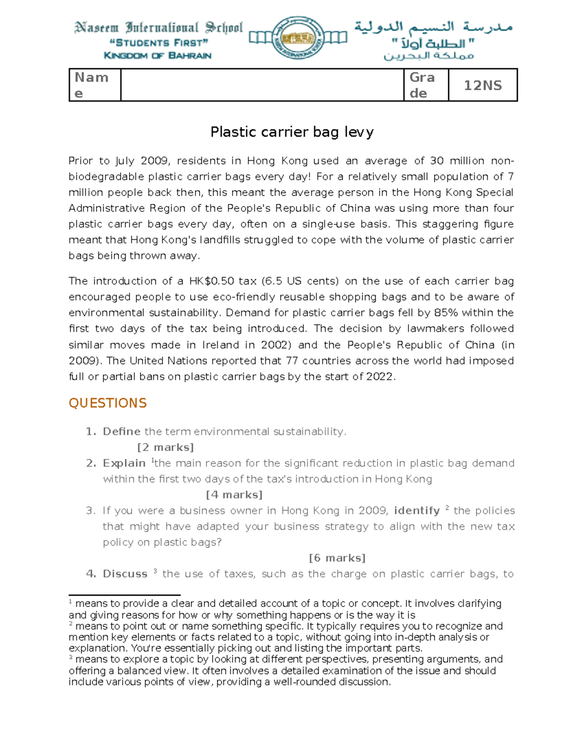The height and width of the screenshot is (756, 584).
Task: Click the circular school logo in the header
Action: [297, 37]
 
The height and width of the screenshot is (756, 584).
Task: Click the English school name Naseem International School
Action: [158, 27]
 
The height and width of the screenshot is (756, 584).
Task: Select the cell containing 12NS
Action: [482, 85]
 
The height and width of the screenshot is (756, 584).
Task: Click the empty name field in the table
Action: [262, 85]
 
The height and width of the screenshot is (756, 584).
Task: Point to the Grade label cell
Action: [425, 85]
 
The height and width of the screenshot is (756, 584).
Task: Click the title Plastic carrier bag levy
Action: [292, 132]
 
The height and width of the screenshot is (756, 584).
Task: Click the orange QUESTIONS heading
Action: [108, 403]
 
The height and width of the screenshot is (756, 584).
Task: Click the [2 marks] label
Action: [165, 447]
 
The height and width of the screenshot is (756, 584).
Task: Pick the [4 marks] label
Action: [234, 495]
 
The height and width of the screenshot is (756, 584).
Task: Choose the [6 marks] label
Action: [337, 558]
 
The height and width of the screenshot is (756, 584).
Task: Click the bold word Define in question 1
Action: [122, 432]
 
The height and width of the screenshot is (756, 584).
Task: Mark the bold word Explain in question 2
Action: [124, 463]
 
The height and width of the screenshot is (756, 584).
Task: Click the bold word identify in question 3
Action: [417, 511]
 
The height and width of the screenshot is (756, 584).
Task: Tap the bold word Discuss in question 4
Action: [125, 574]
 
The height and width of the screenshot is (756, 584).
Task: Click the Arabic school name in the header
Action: [433, 27]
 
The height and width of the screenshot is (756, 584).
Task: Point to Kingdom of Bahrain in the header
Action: [158, 55]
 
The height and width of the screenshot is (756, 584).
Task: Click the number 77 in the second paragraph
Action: [292, 361]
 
